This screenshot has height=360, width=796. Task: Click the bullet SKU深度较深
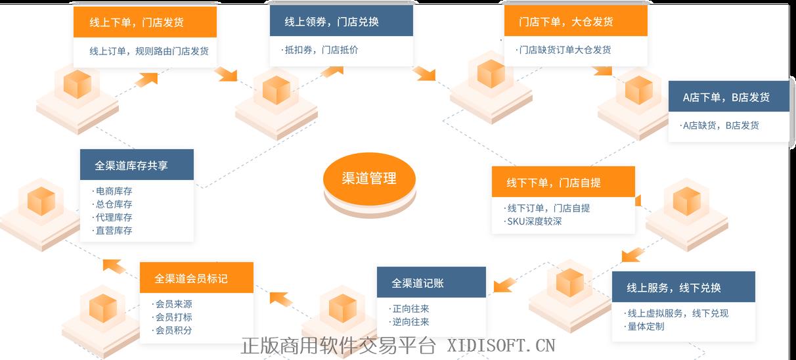point(533,221)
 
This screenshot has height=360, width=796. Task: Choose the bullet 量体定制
point(645,326)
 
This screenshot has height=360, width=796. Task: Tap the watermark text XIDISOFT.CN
point(501,346)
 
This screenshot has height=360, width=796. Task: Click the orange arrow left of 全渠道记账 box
point(504,284)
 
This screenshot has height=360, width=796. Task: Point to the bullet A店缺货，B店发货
point(720,125)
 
